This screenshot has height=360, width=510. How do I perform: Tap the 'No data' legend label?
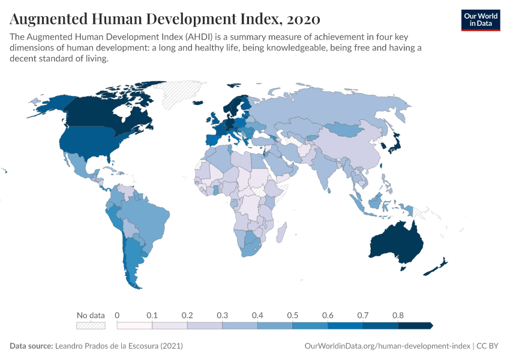[x=91, y=315]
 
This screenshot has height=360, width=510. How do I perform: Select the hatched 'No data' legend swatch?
[x=91, y=326]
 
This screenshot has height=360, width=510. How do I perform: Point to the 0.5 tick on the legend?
[x=292, y=315]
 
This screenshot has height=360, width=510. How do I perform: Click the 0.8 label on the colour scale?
[x=398, y=315]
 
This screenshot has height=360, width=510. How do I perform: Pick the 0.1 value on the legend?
[x=152, y=315]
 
